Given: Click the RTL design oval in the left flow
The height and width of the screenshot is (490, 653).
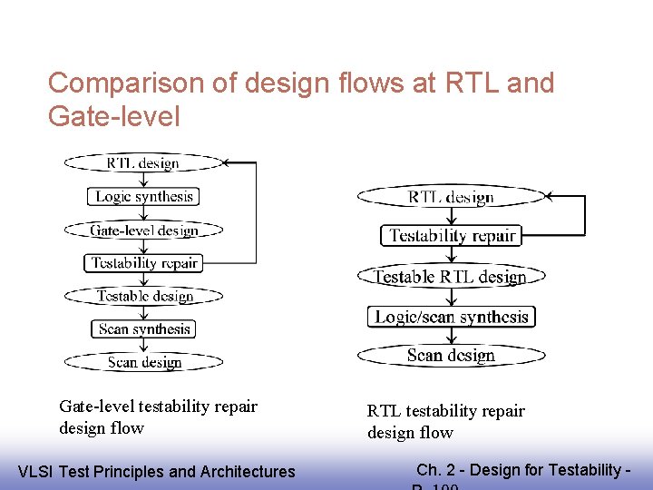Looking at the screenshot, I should click(x=143, y=163).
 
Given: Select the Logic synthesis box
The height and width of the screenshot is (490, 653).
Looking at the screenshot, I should click(x=144, y=196).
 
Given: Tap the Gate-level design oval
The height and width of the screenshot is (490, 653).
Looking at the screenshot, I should click(x=143, y=230).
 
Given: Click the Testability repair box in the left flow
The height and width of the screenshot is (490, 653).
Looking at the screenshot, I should click(x=144, y=263).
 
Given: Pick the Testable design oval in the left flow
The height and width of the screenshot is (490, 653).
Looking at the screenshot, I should click(x=144, y=296).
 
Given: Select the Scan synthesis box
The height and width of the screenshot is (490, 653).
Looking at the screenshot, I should click(x=144, y=328).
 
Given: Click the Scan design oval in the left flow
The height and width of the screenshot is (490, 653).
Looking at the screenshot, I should click(x=144, y=362).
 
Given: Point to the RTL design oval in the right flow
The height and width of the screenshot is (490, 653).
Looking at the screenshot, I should click(x=451, y=197).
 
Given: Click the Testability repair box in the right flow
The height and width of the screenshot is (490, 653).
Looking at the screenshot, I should click(x=452, y=236).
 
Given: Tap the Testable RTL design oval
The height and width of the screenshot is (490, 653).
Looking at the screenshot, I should click(x=451, y=277).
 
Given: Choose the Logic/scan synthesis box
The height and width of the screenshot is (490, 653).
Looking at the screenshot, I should click(x=451, y=317).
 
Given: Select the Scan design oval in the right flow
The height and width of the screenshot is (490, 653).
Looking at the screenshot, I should click(x=451, y=355).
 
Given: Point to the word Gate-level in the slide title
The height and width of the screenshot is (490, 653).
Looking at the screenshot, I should click(x=114, y=116).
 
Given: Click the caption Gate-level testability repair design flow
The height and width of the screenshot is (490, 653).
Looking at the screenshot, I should click(x=158, y=416).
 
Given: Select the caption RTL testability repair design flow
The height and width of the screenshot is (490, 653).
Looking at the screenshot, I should click(x=445, y=421).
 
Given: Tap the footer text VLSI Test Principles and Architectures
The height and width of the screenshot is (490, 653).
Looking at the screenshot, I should click(x=157, y=471).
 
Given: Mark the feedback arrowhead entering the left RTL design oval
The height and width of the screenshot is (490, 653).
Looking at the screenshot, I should click(x=228, y=163).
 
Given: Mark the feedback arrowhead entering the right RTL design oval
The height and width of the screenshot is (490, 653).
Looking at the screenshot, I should click(x=551, y=197).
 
